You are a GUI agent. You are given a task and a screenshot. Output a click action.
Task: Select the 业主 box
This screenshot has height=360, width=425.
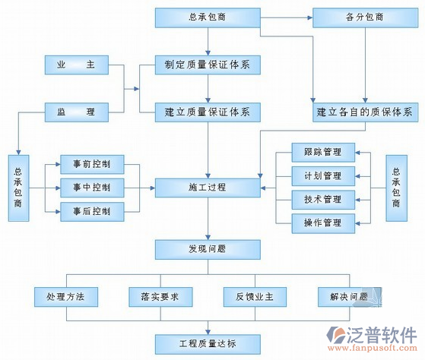coord(75,65)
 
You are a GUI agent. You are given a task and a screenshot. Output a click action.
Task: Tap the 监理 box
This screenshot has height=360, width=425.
coord(75,112)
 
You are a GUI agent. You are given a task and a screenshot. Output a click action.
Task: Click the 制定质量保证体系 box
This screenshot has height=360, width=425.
coord(208,65)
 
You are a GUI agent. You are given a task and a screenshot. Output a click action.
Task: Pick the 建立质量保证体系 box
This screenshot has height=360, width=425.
coord(208,112)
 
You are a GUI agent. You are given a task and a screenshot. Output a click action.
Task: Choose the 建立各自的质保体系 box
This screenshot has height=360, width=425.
coord(364,112)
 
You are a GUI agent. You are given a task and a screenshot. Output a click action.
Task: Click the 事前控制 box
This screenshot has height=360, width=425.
coord(92,163)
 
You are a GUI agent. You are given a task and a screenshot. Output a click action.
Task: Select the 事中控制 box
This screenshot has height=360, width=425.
coord(92,187)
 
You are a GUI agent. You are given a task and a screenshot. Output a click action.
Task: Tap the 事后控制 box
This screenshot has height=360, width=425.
coord(92,210)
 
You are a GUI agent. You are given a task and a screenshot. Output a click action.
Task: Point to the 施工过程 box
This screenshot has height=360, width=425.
coord(208,187)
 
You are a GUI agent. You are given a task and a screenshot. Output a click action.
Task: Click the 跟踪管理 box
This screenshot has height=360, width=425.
coord(322,153)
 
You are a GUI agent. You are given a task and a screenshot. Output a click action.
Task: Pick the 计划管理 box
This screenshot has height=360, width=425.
coord(322,176)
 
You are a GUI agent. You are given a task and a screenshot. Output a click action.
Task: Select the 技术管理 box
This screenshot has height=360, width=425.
coord(322,200)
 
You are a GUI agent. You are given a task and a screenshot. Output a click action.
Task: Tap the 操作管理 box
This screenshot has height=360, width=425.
coord(322,223)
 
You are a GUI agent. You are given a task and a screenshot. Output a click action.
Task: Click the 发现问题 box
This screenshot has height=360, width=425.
coord(208,248)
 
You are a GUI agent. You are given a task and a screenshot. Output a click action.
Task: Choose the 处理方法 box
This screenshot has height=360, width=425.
coord(64,296)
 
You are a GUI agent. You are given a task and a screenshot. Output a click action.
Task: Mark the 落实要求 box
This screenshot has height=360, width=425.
coord(160,296)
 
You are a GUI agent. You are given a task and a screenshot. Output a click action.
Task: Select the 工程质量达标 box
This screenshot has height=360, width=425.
coord(208,343)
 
